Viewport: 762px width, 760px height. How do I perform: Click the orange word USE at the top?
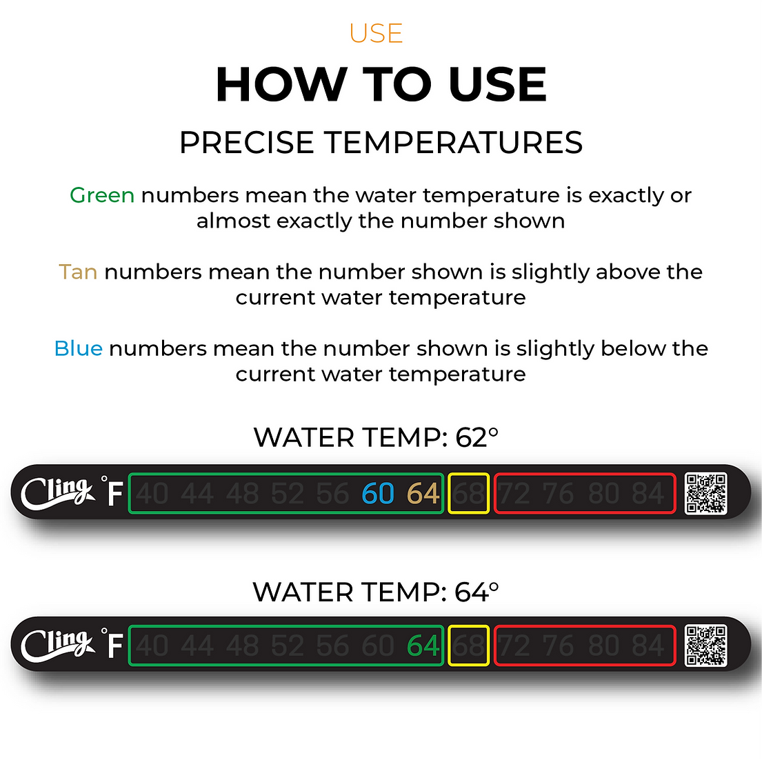click(x=376, y=34)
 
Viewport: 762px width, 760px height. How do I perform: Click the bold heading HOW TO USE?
click(x=381, y=85)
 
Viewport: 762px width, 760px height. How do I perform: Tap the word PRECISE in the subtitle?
click(x=247, y=143)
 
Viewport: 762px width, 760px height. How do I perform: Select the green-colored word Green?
click(x=102, y=196)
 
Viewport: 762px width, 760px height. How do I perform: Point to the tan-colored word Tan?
click(x=78, y=272)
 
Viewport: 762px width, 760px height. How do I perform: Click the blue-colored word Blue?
click(x=78, y=348)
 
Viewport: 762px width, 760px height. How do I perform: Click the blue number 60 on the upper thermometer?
click(x=378, y=494)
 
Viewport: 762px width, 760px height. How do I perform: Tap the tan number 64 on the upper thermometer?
click(x=423, y=494)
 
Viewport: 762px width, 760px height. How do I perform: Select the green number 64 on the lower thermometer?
click(x=423, y=646)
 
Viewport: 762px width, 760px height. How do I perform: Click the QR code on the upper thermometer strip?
click(x=706, y=493)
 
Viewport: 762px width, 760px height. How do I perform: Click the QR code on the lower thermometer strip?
click(x=706, y=646)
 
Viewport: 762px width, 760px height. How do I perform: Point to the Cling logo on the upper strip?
click(x=57, y=493)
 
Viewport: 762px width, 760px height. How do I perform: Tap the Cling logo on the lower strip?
click(x=57, y=646)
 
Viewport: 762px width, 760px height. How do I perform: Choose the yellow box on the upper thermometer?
click(x=469, y=493)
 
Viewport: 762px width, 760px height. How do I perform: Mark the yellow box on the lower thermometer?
click(x=469, y=646)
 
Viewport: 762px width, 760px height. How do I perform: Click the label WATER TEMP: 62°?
click(x=376, y=438)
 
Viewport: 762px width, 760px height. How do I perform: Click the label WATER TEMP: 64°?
click(x=376, y=592)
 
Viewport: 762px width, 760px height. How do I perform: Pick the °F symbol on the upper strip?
click(x=113, y=492)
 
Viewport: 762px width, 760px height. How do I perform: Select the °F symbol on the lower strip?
click(x=113, y=644)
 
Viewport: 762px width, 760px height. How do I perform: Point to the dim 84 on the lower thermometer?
click(x=648, y=646)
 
